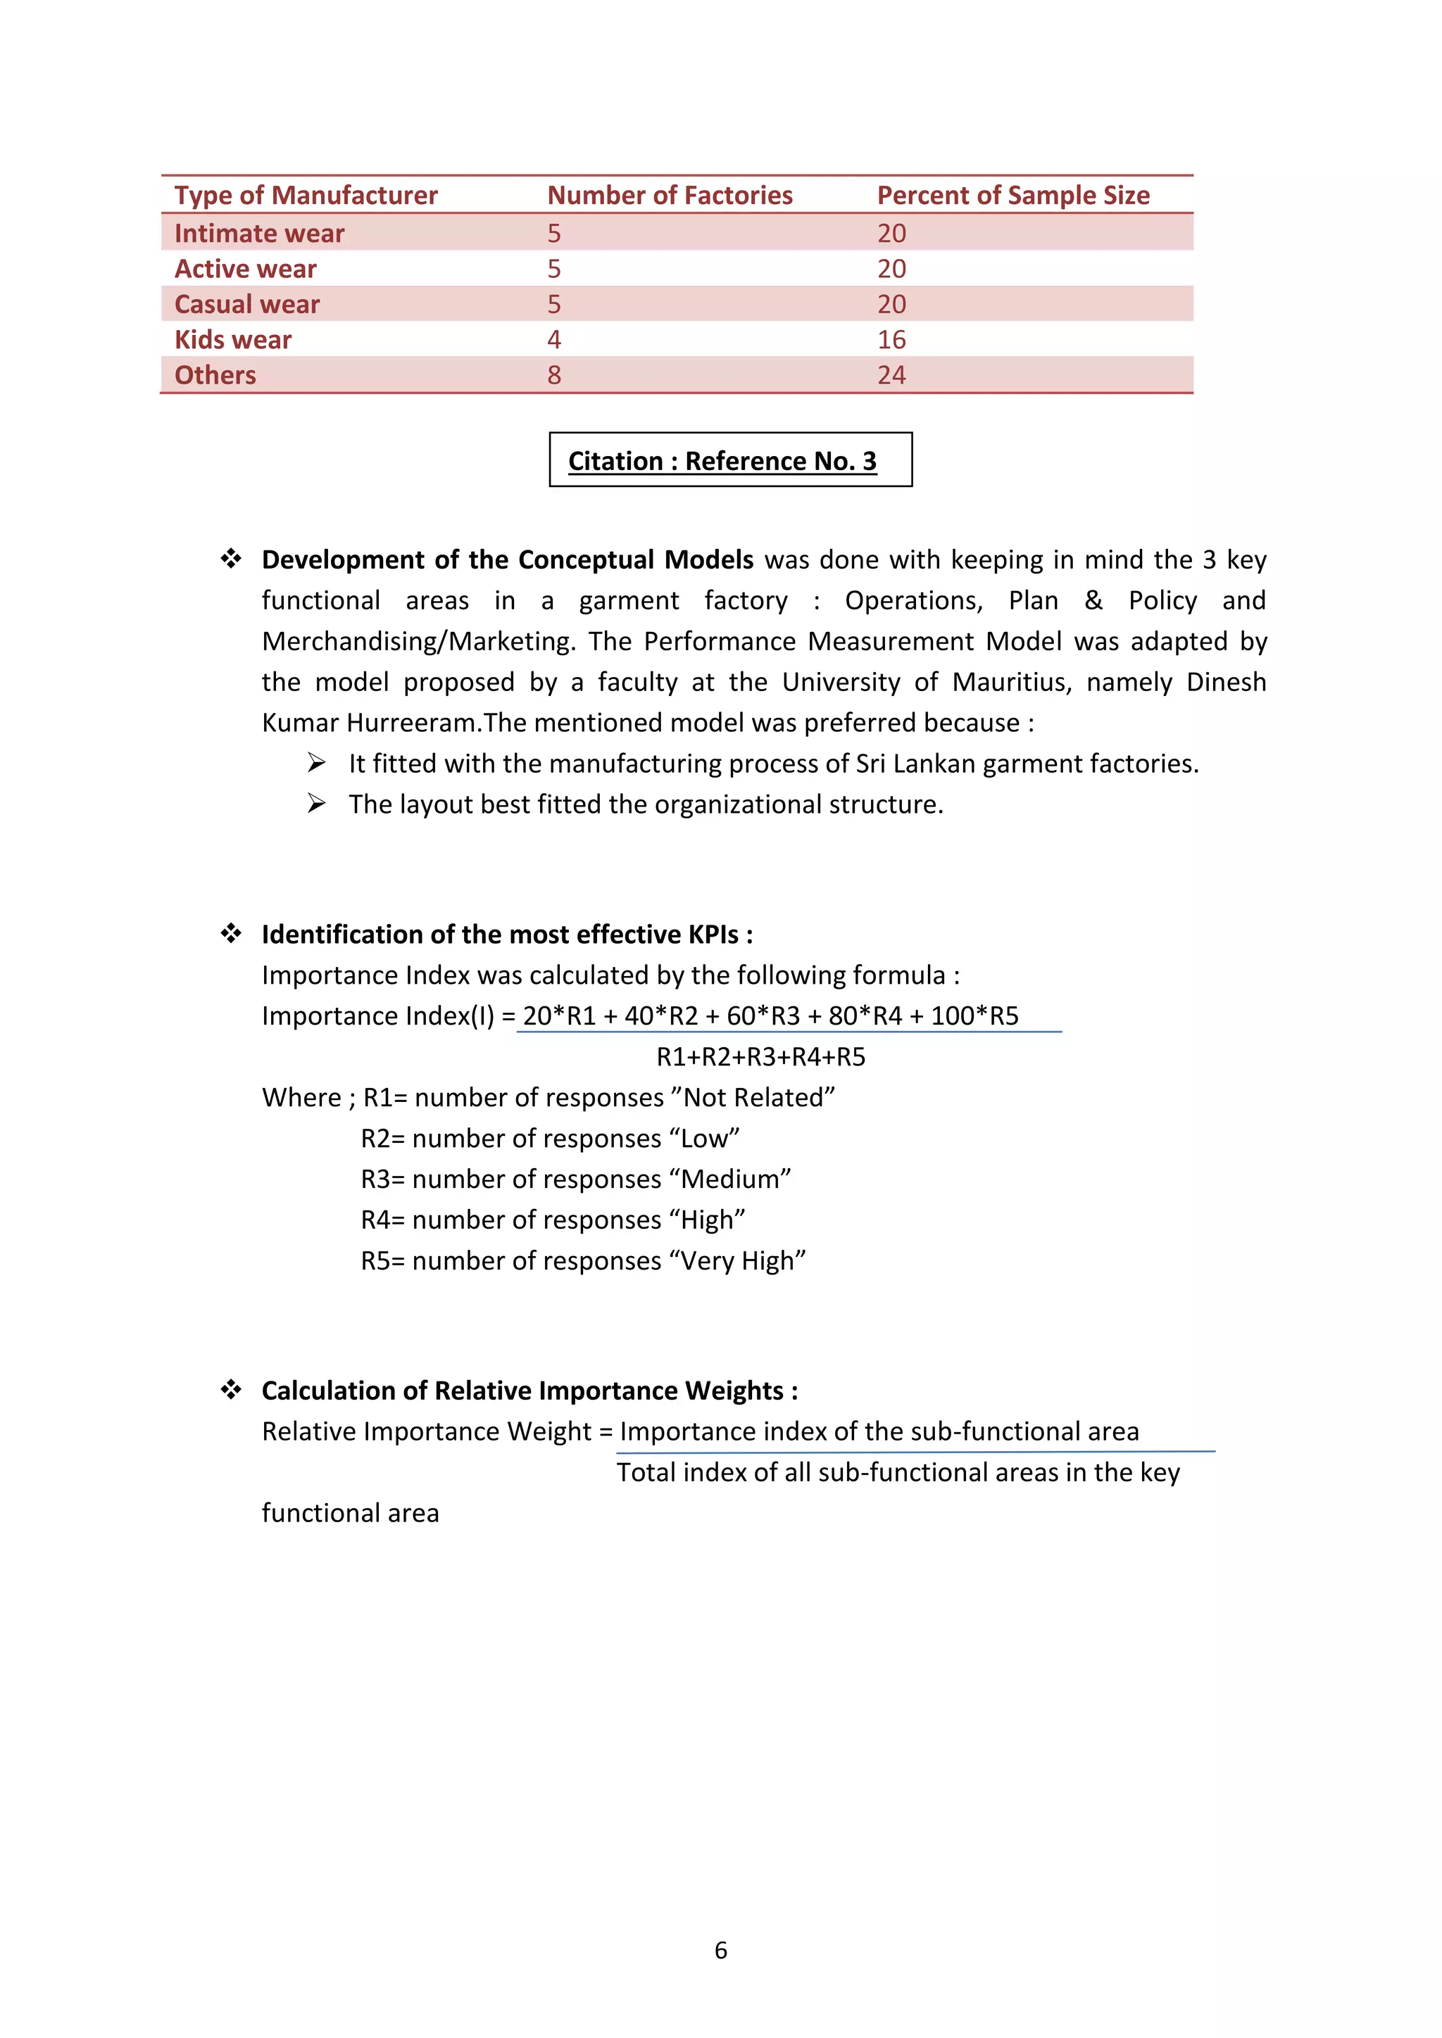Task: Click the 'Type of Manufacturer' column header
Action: point(306,195)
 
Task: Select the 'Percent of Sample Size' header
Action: point(1013,195)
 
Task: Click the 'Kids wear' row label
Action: point(232,340)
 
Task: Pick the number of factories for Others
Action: point(554,376)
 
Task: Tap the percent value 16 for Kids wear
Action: point(891,340)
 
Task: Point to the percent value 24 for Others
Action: point(891,376)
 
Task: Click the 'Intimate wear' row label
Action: point(259,234)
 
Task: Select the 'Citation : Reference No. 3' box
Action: point(730,460)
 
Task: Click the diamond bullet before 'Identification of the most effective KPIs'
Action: point(231,933)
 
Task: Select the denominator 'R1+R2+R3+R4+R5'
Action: point(760,1056)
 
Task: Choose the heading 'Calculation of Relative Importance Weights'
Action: point(529,1390)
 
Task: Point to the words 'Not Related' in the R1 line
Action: point(754,1097)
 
